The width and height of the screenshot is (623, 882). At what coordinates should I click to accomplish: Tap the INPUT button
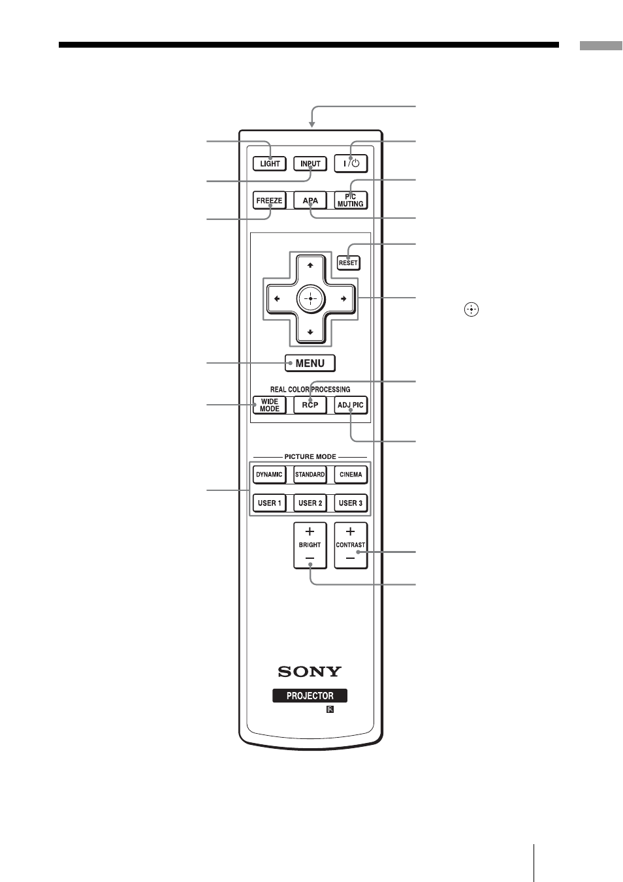[x=310, y=163]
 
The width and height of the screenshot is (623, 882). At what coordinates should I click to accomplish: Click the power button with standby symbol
[x=351, y=163]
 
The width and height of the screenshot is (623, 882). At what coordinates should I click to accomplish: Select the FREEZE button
[x=269, y=200]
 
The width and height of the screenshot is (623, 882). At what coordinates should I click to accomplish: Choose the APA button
[x=310, y=200]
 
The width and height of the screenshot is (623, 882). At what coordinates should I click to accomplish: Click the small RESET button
[x=349, y=262]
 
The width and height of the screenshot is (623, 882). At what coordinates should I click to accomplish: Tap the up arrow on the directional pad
[x=310, y=266]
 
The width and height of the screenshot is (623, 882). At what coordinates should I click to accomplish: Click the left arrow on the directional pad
[x=277, y=299]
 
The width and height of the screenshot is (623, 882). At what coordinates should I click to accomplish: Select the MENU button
[x=310, y=363]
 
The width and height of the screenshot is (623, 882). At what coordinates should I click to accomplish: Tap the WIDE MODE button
[x=269, y=405]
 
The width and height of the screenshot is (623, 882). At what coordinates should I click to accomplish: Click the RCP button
[x=310, y=405]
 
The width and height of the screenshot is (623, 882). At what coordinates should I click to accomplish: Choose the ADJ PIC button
[x=351, y=405]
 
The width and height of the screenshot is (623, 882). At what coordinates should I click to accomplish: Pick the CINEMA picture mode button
[x=351, y=475]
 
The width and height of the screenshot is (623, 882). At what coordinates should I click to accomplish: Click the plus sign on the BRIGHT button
[x=310, y=531]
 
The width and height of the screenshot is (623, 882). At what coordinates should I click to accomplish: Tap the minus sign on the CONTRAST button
[x=351, y=558]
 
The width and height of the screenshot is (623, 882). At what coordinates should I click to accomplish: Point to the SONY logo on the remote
[x=310, y=671]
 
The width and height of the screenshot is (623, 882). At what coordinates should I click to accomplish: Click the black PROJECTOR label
[x=310, y=696]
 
